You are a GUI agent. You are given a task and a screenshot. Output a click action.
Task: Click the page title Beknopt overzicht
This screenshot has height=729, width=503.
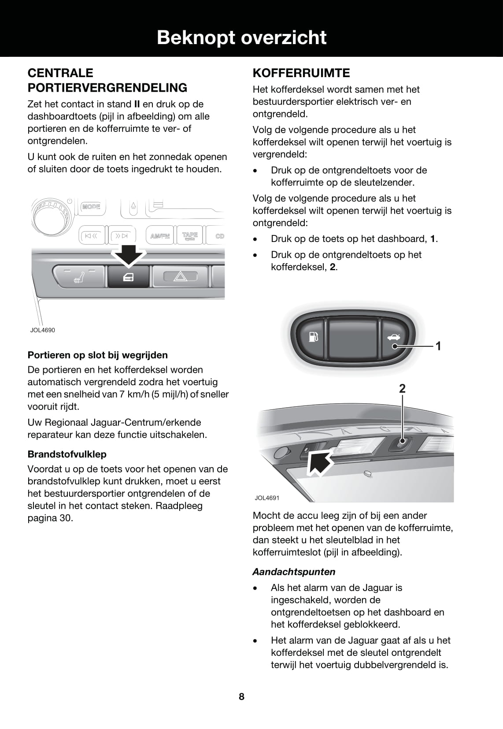pos(242,38)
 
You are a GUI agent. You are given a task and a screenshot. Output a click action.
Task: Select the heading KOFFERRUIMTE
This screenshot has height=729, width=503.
pos(301,73)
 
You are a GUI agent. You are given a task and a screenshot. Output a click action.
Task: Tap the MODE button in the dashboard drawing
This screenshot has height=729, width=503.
pos(92,207)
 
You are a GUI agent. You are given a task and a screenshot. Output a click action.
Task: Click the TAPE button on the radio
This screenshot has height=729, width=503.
pos(190,235)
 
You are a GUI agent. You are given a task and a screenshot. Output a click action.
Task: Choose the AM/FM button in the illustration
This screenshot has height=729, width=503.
pos(160,236)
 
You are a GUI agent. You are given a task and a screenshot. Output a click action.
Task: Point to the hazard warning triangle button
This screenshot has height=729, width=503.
pos(180,277)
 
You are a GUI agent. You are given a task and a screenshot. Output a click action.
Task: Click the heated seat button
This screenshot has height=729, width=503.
pos(79,277)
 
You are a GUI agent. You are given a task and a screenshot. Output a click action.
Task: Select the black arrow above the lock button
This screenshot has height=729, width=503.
pos(128,254)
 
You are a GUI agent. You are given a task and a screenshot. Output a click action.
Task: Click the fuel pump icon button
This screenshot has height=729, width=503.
pos(312,338)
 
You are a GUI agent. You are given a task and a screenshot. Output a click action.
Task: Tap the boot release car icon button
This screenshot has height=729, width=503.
pos(394,338)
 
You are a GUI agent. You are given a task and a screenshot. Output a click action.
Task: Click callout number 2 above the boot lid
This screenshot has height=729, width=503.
pos(402,389)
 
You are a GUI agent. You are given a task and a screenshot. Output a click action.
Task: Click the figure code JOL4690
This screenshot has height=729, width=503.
pos(43,330)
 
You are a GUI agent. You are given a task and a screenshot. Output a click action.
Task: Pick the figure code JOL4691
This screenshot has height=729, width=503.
pos(267,498)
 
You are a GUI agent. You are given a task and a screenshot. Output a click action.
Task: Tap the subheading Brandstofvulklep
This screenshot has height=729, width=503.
pos(67,454)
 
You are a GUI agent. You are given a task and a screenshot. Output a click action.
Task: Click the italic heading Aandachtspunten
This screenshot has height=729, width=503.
pos(294,572)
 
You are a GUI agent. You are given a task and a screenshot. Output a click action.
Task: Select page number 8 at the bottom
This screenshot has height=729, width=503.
pos(241,696)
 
